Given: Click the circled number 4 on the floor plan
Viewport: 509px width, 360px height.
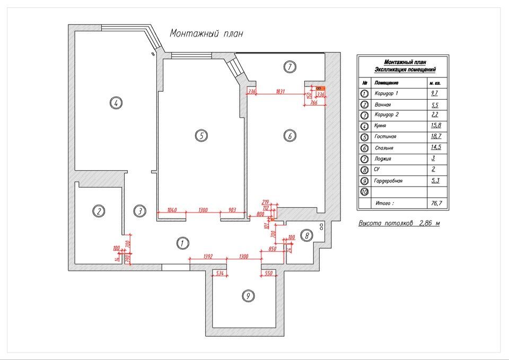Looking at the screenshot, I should pyautogui.click(x=115, y=103).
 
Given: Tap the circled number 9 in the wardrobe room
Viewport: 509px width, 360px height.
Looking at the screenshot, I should pyautogui.click(x=248, y=296).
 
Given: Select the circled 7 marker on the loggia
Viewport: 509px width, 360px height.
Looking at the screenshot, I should pyautogui.click(x=289, y=67).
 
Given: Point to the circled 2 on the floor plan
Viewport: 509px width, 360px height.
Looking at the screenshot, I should pyautogui.click(x=99, y=211).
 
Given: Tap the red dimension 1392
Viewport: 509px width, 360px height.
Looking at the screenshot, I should pyautogui.click(x=208, y=256).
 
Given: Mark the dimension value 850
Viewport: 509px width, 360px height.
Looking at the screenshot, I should pyautogui.click(x=273, y=249).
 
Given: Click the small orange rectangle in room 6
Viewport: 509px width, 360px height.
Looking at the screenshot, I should pyautogui.click(x=319, y=89).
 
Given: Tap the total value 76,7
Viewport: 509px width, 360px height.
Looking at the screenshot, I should pyautogui.click(x=435, y=203).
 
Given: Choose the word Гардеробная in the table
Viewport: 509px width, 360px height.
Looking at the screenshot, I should pyautogui.click(x=388, y=181).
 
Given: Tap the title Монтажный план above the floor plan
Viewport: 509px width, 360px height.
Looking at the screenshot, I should pyautogui.click(x=206, y=33).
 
